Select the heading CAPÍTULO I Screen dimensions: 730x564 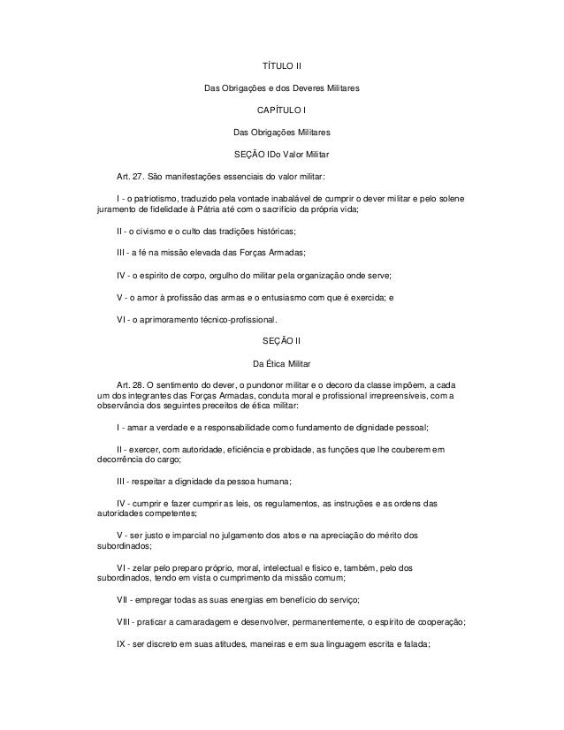pyautogui.click(x=281, y=110)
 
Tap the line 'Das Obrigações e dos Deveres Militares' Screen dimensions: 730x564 pyautogui.click(x=281, y=88)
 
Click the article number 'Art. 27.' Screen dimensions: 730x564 pyautogui.click(x=131, y=174)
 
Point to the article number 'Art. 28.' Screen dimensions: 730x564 pyautogui.click(x=131, y=384)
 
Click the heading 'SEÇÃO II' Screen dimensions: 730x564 pyautogui.click(x=281, y=341)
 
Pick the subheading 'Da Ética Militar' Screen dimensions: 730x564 pyautogui.click(x=281, y=363)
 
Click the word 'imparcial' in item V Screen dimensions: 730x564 pyautogui.click(x=188, y=536)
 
